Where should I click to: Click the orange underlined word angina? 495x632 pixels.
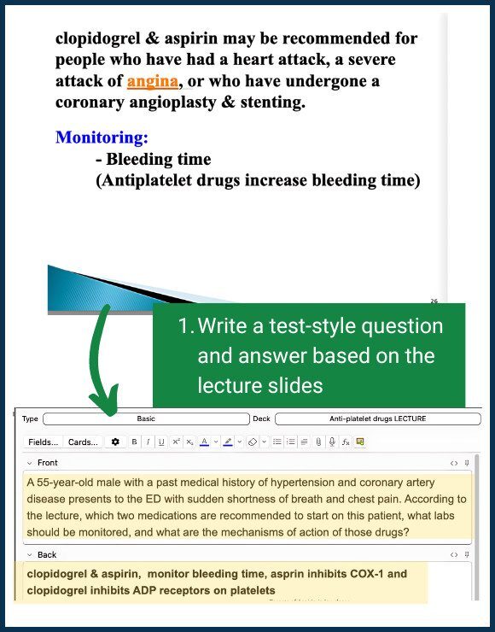tap(153, 82)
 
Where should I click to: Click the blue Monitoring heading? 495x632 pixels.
tap(102, 138)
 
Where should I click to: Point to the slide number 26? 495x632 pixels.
tap(434, 301)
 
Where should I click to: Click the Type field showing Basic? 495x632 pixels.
tap(145, 419)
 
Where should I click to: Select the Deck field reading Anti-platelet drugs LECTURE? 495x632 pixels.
tap(377, 419)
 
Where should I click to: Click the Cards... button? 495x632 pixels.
tap(83, 442)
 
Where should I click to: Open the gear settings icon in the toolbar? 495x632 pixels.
tap(116, 442)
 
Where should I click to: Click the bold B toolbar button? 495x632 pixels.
tap(134, 442)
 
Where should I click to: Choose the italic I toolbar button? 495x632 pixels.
tap(148, 442)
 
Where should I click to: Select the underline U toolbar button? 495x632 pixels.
tap(160, 442)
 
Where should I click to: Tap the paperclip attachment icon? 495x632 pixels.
tap(318, 442)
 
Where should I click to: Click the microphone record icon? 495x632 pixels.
tap(332, 442)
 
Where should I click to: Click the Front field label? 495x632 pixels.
tap(48, 463)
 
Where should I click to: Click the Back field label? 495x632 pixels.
tap(47, 555)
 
